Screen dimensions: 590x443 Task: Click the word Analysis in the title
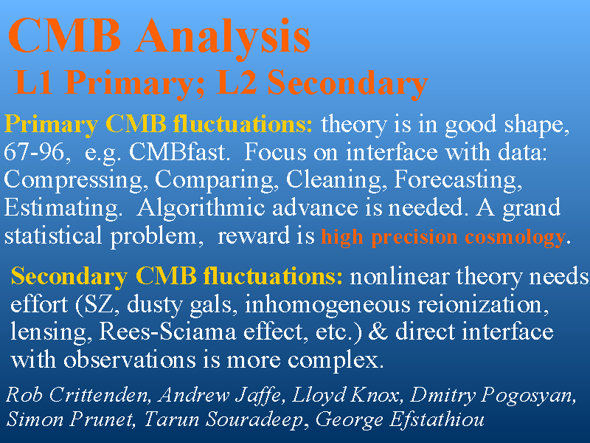223,38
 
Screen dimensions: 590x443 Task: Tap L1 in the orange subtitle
33,83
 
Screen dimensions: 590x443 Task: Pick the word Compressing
73,181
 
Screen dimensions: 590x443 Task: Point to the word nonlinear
399,276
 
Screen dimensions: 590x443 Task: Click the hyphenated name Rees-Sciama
167,332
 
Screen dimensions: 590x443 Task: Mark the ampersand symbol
378,332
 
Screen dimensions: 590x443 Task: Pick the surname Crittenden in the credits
97,395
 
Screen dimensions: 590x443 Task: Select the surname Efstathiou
437,419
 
